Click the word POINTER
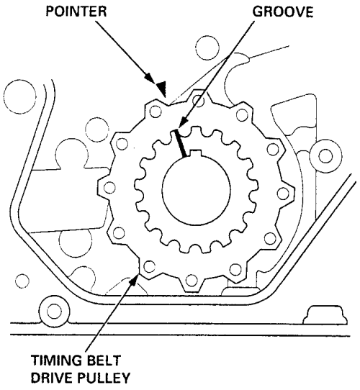tap(76, 12)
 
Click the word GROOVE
tap(283, 12)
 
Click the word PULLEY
tap(104, 378)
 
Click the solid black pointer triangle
tap(161, 89)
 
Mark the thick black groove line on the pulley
tap(180, 143)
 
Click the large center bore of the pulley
tap(196, 190)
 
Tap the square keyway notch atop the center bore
tap(196, 154)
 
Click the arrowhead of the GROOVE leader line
tap(183, 122)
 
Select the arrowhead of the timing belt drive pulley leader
tap(134, 278)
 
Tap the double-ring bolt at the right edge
tap(325, 156)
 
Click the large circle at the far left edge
tap(20, 96)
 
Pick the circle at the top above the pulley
tap(207, 48)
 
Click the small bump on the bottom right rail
tap(325, 315)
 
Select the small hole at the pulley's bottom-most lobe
tap(192, 280)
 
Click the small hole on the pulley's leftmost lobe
tap(109, 188)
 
